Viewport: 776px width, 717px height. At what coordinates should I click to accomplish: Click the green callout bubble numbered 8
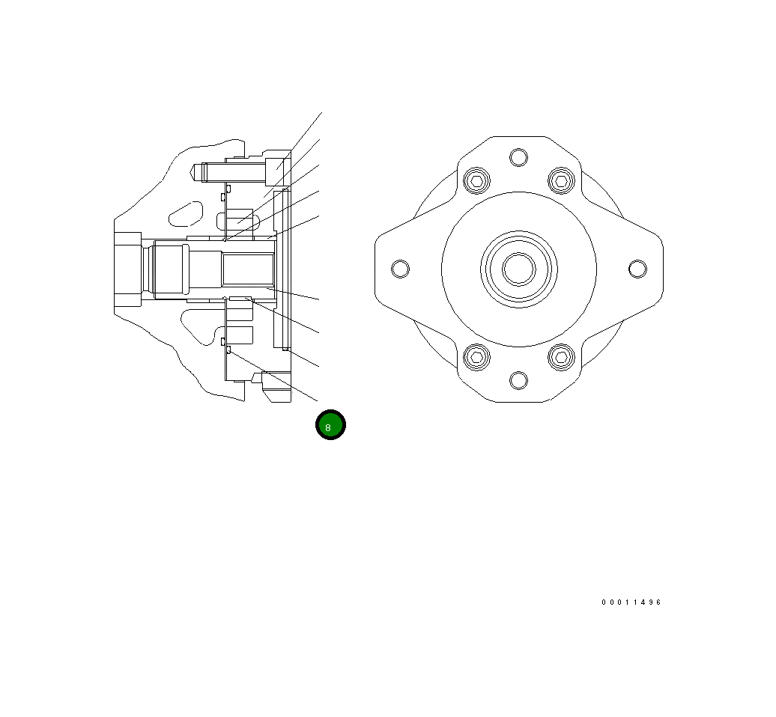click(330, 425)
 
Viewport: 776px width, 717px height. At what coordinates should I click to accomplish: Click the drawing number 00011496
click(631, 602)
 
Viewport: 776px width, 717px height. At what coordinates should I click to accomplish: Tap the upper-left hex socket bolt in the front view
click(476, 180)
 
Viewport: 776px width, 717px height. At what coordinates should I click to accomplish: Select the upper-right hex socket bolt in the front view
click(561, 180)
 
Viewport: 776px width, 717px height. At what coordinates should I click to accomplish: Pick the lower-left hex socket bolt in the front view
click(476, 357)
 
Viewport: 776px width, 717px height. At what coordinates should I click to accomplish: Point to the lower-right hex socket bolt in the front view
click(561, 357)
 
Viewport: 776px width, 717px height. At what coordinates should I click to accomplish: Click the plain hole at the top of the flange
click(518, 157)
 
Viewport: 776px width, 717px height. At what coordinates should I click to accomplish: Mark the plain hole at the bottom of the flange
click(518, 380)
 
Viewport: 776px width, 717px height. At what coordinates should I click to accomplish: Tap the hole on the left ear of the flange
click(401, 269)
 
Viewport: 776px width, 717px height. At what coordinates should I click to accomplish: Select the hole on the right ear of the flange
click(637, 269)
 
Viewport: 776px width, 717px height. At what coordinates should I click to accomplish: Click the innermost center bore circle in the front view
click(518, 269)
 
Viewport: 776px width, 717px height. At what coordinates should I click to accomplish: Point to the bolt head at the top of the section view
click(274, 171)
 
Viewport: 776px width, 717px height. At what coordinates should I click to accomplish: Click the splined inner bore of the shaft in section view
click(247, 269)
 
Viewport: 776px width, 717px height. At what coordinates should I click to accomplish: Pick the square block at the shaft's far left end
click(127, 269)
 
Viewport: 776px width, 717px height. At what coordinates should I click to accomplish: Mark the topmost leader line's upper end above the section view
click(321, 113)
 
